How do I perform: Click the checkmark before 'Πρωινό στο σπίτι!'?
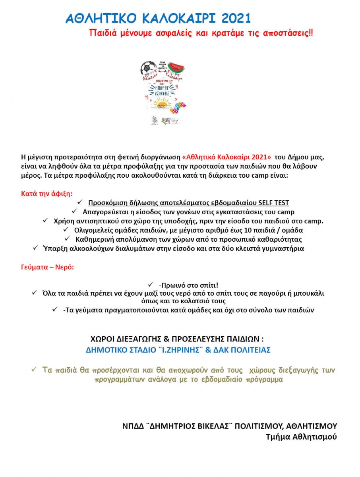point(151,285)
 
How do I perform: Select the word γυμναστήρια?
point(282,248)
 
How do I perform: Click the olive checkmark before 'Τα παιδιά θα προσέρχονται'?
point(34,370)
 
